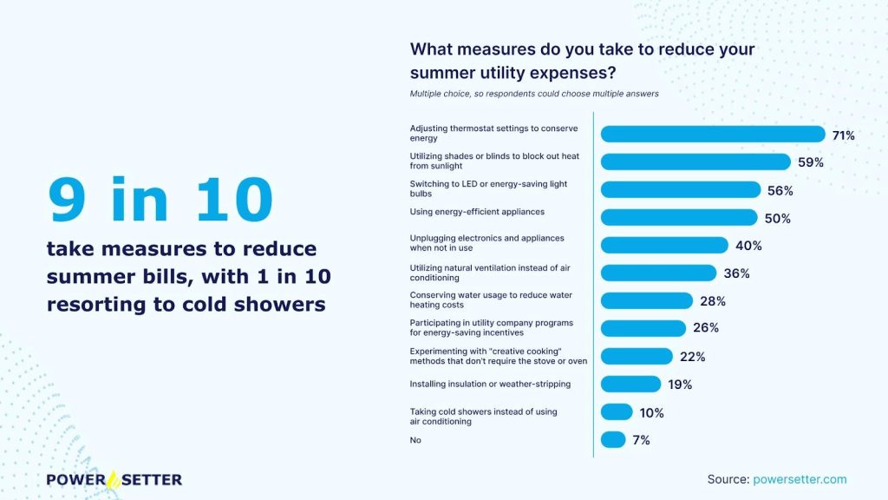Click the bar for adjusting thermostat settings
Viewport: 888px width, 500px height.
click(713, 135)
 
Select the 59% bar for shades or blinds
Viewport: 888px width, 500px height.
click(695, 162)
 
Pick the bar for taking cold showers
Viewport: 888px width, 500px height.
click(617, 412)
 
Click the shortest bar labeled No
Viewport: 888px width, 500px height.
click(613, 440)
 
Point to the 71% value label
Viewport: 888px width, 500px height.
click(843, 135)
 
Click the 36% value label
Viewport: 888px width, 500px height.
click(736, 273)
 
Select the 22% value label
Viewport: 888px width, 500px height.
click(692, 357)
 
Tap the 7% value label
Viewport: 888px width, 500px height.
click(641, 440)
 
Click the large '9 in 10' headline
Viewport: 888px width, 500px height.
click(160, 200)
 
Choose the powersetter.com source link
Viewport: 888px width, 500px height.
click(800, 479)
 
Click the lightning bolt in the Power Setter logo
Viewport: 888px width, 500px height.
click(113, 479)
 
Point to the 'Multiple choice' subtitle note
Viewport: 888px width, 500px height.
click(534, 94)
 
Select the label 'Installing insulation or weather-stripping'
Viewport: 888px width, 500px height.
click(490, 384)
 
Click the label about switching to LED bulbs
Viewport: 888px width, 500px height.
click(490, 189)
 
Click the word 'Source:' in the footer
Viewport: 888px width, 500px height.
click(728, 479)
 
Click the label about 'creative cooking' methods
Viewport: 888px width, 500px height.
click(498, 356)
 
